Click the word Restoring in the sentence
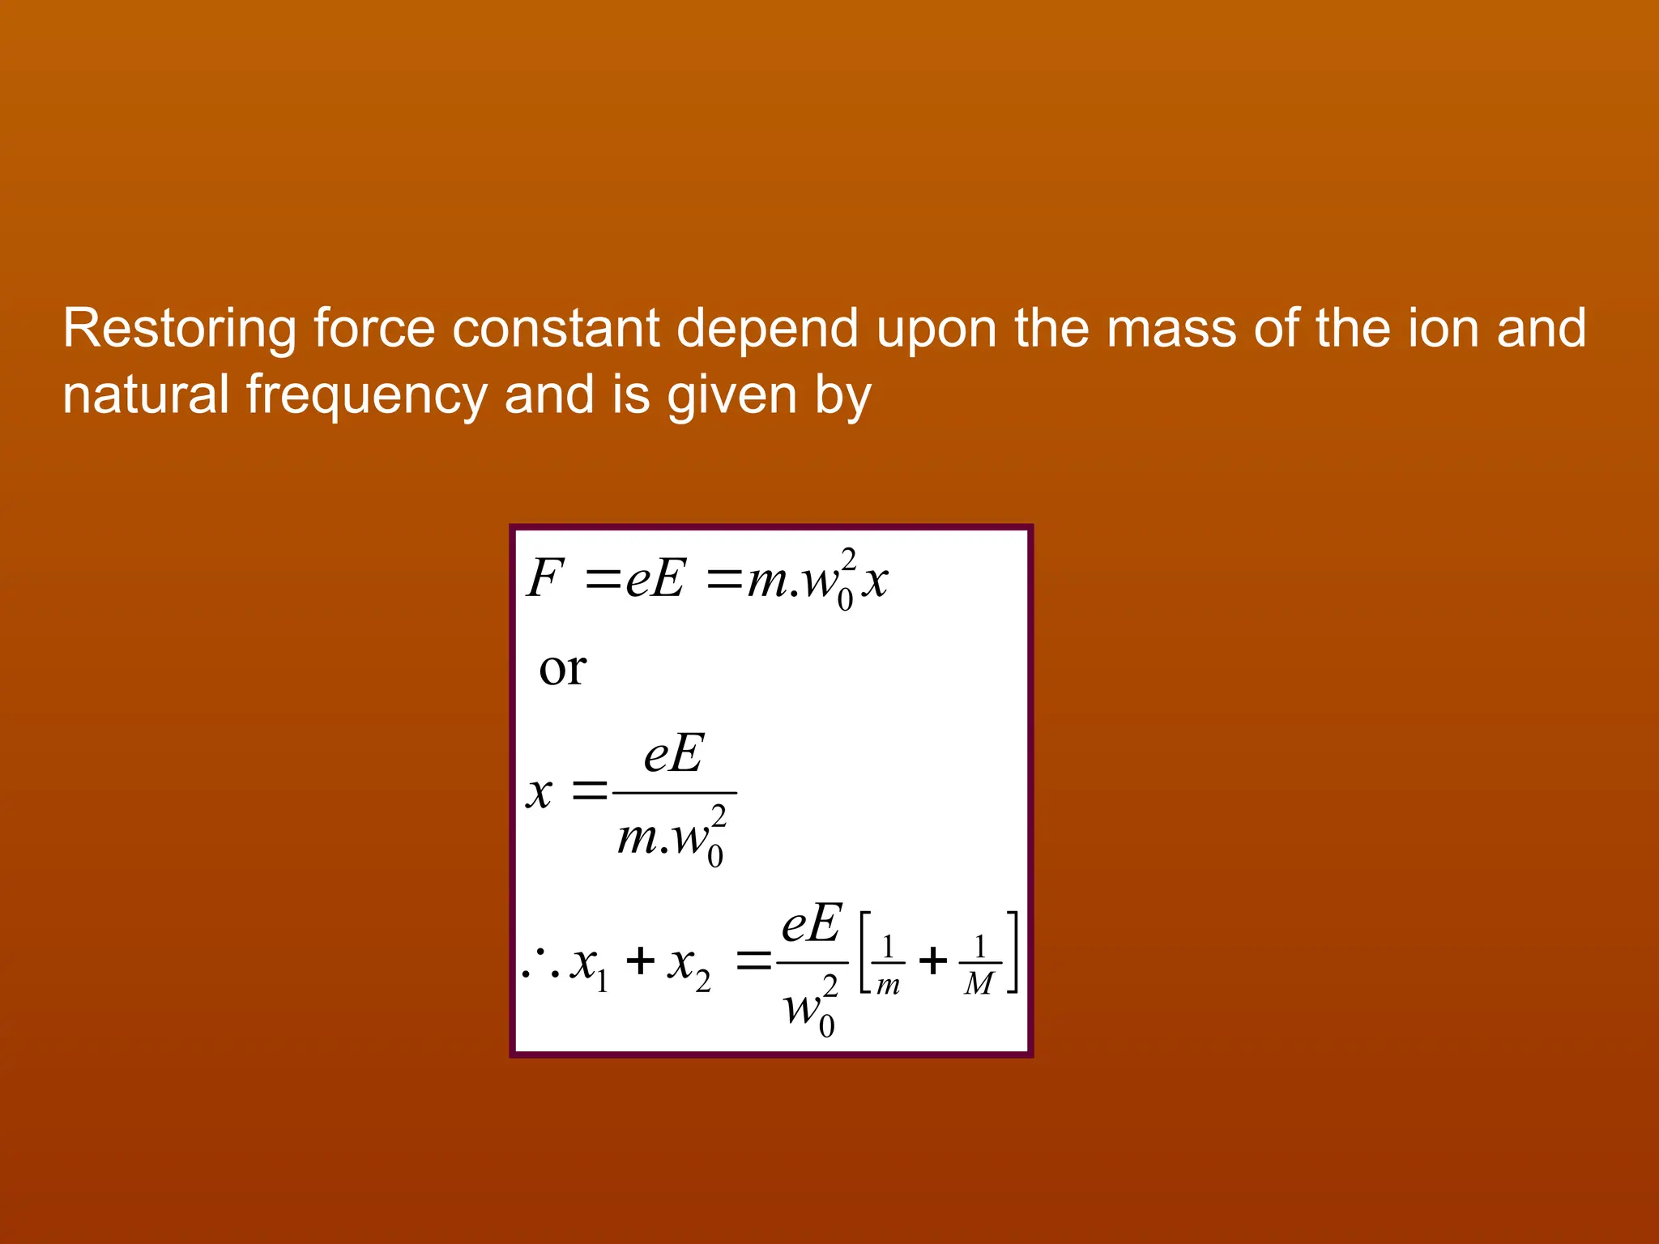(179, 329)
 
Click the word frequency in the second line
(366, 396)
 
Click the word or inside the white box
(562, 669)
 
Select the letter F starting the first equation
(544, 579)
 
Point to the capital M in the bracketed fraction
(979, 984)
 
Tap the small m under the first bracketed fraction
(888, 986)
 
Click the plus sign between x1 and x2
(640, 961)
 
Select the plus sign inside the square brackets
(932, 961)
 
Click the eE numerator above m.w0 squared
(674, 754)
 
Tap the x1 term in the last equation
(589, 965)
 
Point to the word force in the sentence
(373, 329)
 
